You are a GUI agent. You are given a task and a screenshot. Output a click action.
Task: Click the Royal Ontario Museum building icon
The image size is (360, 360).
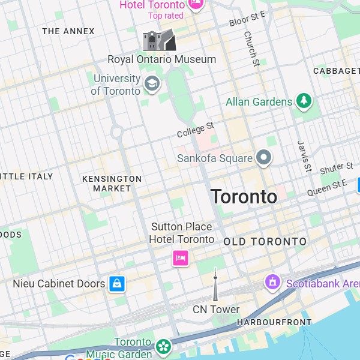pos(159,40)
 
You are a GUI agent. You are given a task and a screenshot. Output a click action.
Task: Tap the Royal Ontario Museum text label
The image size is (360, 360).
pos(161,59)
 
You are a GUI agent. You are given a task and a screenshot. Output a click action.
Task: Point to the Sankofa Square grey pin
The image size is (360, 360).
pos(263,158)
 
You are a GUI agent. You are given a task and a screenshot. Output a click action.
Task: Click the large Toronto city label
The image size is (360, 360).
pos(244,196)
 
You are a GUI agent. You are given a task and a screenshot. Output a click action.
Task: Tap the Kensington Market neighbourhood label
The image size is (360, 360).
pos(112,184)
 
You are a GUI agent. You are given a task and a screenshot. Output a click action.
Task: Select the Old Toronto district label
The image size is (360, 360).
pos(265,242)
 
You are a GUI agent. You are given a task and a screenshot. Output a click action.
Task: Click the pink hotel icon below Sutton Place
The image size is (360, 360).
pos(181,258)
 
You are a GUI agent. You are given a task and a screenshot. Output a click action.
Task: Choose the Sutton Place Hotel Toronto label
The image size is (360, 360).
pos(181,233)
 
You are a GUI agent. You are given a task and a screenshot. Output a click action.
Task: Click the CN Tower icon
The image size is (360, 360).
pos(215,286)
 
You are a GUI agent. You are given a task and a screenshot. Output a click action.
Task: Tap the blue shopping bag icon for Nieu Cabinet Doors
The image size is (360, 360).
pos(116,283)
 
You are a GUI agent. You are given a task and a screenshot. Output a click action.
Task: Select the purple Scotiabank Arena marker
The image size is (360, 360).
pos(273,281)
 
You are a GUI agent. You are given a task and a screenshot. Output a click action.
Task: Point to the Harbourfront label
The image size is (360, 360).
pos(274,322)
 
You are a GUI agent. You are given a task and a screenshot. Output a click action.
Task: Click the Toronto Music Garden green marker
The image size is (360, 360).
pos(163,346)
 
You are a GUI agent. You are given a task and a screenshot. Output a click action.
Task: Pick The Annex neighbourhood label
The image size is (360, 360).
pos(68,31)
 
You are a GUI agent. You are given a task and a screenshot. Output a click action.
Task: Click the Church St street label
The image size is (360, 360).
pos(251,49)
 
